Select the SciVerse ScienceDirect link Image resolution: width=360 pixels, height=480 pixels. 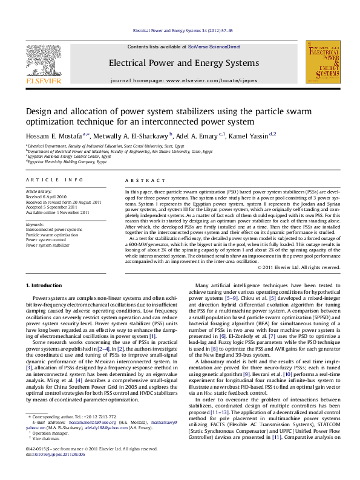click(214, 47)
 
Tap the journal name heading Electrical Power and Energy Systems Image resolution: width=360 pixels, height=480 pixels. click(183, 63)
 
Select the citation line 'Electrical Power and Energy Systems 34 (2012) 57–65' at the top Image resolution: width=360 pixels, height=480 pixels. click(183, 30)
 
